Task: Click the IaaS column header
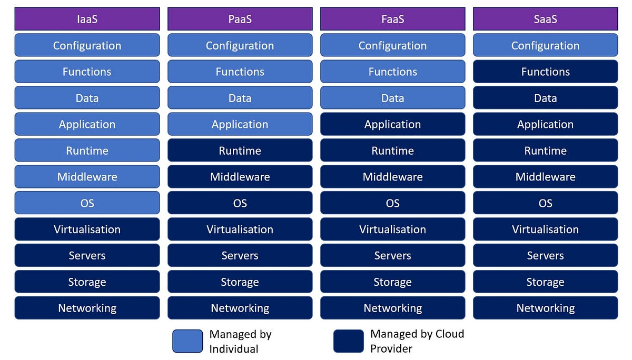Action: coord(87,19)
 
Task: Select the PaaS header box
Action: coord(240,19)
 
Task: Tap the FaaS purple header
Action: coord(392,19)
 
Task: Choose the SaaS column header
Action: coord(545,19)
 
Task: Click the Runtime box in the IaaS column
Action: coord(87,151)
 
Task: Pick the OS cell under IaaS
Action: coord(87,203)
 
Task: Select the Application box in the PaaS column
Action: coord(240,124)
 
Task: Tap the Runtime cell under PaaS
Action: coord(240,151)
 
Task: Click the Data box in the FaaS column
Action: coord(392,98)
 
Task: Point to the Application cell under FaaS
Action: coord(392,124)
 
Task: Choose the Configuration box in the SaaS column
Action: coord(545,45)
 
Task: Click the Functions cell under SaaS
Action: coord(545,72)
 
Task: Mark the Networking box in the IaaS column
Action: coord(87,308)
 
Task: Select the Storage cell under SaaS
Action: coord(545,282)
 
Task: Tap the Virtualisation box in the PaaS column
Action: coord(240,229)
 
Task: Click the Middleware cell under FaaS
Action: coord(392,177)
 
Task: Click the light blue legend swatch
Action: coord(187,341)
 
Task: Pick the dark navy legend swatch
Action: coord(348,341)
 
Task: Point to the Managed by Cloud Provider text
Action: coord(417,341)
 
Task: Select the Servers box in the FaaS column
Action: coord(392,256)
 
